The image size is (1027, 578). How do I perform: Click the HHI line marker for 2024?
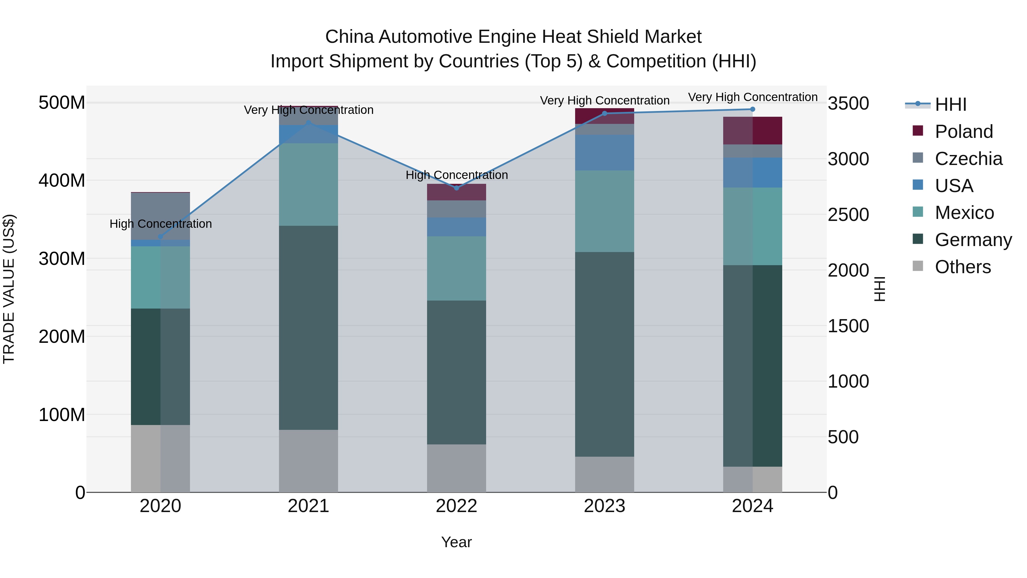coord(752,109)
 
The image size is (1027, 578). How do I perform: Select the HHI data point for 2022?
coord(456,188)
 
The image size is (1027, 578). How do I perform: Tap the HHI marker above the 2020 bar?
coord(161,237)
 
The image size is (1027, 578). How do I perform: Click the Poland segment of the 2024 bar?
coord(752,130)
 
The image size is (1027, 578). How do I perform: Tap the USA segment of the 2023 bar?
coord(605,152)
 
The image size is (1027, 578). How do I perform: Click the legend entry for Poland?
coord(964,132)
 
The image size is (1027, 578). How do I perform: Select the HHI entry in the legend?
coord(951,104)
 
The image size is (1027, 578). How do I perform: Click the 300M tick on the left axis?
coord(62,259)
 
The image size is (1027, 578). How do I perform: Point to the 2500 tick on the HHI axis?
coord(848,215)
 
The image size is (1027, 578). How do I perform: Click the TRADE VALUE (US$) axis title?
coord(9,289)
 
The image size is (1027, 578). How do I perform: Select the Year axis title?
coord(456,542)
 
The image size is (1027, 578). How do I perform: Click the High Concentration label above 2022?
coord(456,175)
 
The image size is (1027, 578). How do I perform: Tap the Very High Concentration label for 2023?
coord(605,100)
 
